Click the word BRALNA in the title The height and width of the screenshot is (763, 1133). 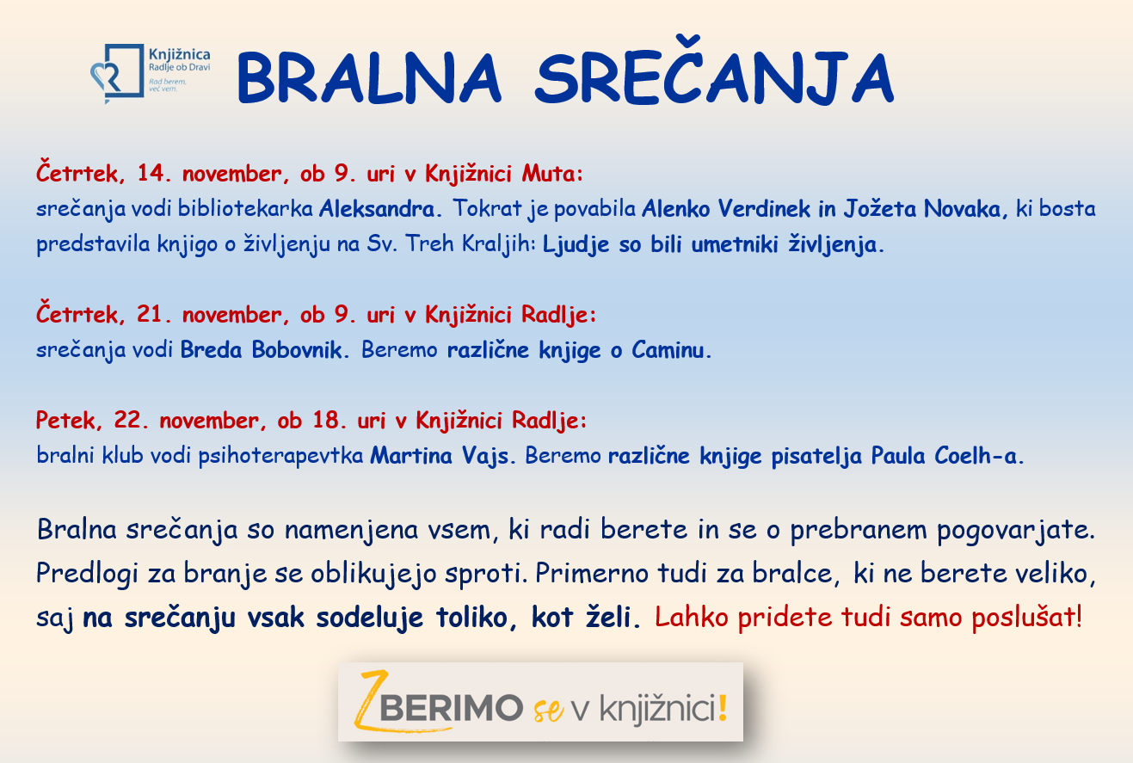(x=369, y=78)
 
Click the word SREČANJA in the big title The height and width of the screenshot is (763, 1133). (x=714, y=71)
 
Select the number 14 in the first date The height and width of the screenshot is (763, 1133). (x=151, y=173)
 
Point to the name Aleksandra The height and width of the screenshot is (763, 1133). (x=377, y=208)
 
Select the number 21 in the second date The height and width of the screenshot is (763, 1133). (x=150, y=314)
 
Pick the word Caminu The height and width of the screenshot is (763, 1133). (x=668, y=349)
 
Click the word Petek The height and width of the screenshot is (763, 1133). (x=65, y=420)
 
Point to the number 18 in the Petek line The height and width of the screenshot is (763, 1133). (x=326, y=420)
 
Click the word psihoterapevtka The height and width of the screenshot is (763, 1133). (x=280, y=455)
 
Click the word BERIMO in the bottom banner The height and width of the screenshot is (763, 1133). (x=451, y=707)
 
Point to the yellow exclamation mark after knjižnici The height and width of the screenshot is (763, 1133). (x=723, y=707)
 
